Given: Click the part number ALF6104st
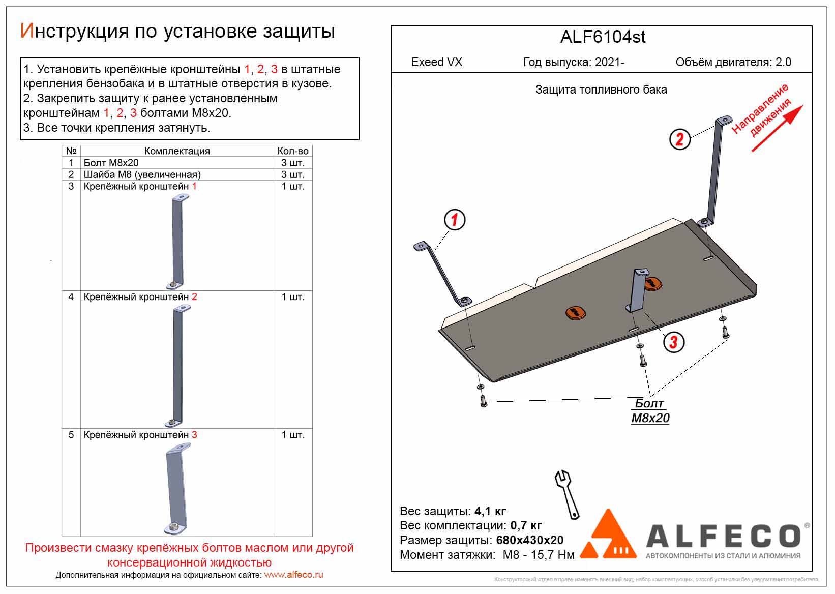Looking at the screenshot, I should (603, 37).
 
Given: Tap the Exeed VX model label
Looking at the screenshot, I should (436, 62).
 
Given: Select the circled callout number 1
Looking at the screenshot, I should (454, 220).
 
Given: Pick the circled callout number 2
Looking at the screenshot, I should (679, 138).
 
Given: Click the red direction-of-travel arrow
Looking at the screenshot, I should (777, 128).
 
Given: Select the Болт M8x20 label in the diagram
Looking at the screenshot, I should (650, 411).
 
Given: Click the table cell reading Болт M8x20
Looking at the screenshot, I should (111, 163).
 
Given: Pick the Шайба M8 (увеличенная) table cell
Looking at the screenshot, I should (142, 174).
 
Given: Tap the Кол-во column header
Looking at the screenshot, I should (293, 151).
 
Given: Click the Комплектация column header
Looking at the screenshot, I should (177, 151).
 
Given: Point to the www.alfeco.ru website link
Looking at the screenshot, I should (293, 575).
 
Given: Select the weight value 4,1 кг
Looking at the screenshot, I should (490, 511).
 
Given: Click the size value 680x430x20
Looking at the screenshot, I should (529, 540).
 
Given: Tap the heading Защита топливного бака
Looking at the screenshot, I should (601, 90).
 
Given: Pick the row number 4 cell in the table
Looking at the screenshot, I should (71, 296).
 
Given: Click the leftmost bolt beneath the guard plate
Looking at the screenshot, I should (483, 401).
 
